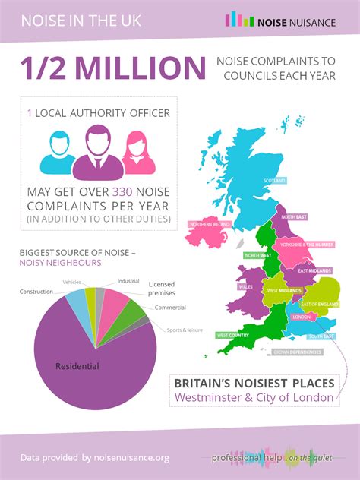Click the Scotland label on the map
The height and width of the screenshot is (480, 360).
click(x=273, y=181)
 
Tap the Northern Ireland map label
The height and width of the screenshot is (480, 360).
click(x=210, y=224)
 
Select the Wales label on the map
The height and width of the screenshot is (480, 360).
click(x=245, y=287)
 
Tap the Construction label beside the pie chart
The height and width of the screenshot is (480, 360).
click(x=36, y=291)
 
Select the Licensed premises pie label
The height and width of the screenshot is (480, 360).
click(x=161, y=288)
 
